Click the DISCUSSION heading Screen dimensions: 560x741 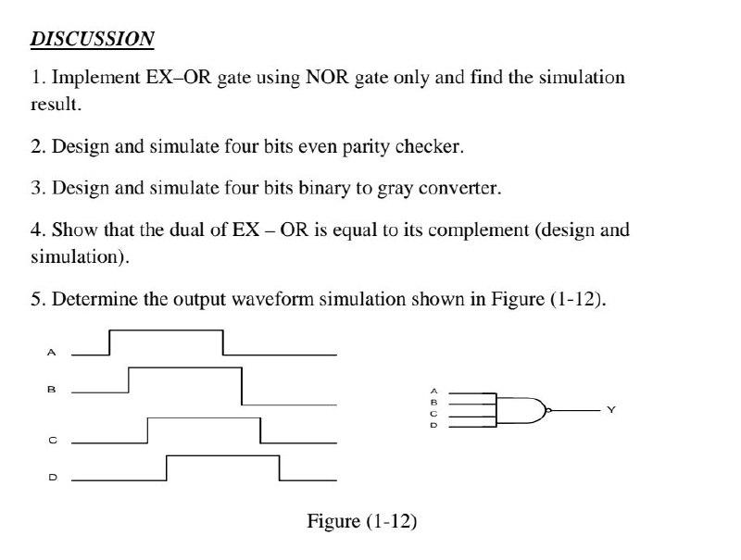[x=93, y=39]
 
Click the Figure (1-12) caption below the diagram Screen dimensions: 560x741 [x=362, y=521]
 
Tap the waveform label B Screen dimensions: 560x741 [x=52, y=390]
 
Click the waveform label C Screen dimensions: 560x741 [x=52, y=440]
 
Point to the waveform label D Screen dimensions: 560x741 [x=52, y=478]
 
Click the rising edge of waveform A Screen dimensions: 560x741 [x=110, y=342]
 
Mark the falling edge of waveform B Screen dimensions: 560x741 [x=242, y=386]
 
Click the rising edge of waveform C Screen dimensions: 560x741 [x=148, y=430]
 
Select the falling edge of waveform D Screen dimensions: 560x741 [x=280, y=468]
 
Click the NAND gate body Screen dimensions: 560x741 [x=520, y=408]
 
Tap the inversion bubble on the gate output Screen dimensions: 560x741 [x=549, y=408]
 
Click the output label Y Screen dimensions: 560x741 [x=610, y=408]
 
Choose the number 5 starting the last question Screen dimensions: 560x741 [x=35, y=299]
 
